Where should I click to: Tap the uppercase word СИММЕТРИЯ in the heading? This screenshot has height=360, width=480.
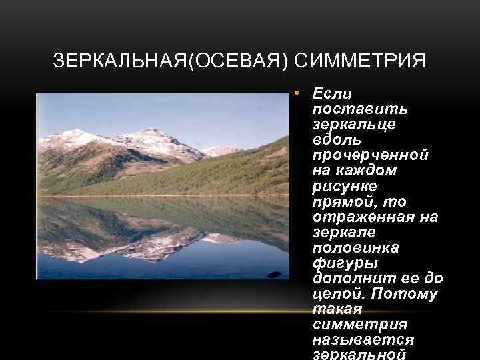(359, 61)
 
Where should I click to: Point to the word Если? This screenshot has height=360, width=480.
(332, 93)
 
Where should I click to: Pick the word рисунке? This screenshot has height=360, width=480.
(344, 186)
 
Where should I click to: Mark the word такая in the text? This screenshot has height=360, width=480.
(335, 309)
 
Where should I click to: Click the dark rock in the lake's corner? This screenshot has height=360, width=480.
(273, 274)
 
